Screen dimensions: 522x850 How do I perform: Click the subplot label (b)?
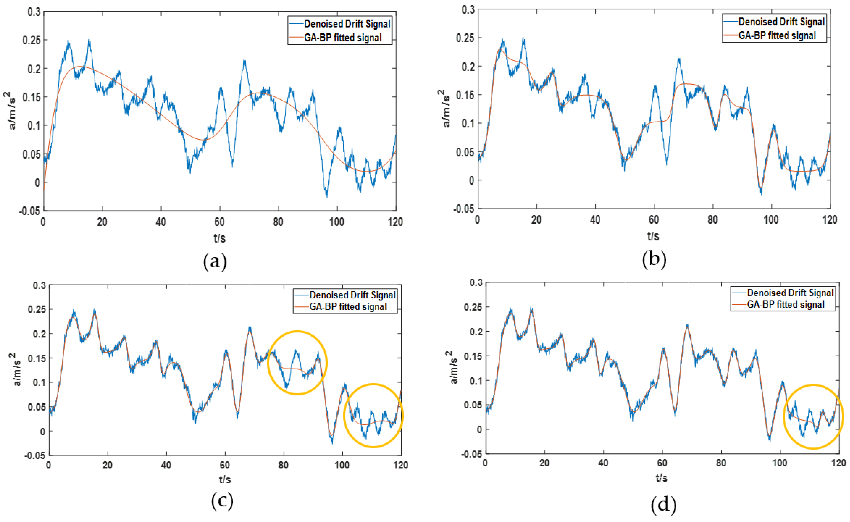[654, 259]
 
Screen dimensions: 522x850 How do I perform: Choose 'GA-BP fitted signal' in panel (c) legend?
[348, 307]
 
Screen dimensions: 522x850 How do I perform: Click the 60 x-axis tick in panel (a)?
[219, 222]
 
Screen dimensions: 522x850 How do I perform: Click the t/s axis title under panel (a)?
[219, 238]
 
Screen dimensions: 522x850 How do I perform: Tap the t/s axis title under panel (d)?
[661, 478]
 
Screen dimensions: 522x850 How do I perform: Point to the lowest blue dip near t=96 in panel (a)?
[326, 196]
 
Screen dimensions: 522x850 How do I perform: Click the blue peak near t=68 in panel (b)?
[679, 59]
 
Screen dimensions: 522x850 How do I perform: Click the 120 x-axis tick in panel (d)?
[838, 463]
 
